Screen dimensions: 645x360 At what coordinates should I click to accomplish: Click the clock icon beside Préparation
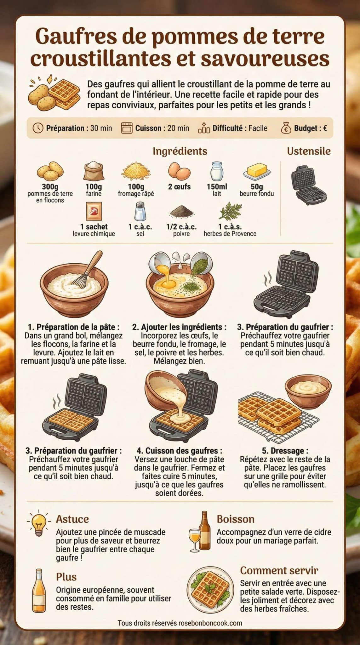38,128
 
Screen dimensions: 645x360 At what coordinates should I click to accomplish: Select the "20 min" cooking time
178,128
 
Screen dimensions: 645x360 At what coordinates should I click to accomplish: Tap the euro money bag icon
286,128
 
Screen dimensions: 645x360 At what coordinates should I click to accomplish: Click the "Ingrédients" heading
180,151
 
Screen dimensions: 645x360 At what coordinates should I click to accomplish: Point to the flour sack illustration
94,171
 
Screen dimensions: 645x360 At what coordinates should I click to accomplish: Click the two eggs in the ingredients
179,171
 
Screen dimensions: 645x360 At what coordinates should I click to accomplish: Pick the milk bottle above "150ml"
217,172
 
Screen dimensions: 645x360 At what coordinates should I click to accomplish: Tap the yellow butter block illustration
257,171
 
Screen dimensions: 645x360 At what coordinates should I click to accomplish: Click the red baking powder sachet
94,211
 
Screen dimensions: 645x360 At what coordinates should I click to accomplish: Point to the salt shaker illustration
140,211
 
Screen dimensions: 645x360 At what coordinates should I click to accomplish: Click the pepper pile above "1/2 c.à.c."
181,213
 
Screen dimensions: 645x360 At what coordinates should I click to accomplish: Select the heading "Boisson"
235,519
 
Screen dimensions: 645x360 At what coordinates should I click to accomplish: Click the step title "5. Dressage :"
285,451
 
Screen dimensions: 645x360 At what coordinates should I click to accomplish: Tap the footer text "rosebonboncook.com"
210,623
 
